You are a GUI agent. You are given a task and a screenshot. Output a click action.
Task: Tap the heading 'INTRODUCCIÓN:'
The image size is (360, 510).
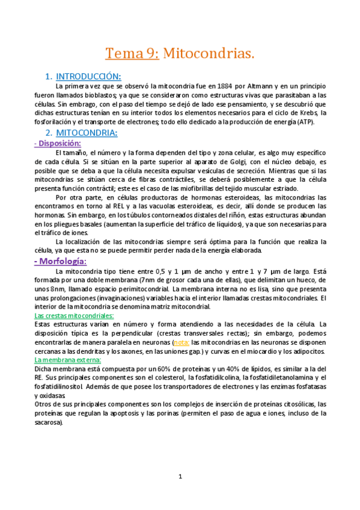88,76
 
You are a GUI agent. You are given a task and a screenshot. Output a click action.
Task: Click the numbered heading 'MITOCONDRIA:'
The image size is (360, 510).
87,132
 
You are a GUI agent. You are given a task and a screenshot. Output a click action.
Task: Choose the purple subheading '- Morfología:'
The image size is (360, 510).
61,261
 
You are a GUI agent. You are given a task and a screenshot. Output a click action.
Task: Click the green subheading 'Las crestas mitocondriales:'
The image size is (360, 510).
74,315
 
